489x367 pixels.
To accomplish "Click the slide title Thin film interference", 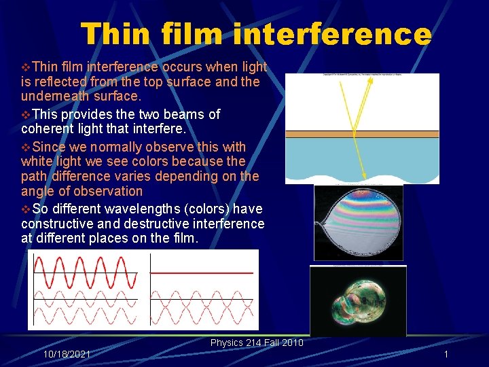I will (255, 34).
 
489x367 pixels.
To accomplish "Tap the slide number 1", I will (446, 355).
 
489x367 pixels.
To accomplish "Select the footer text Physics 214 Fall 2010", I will (257, 343).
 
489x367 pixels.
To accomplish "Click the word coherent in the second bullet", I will (48, 128).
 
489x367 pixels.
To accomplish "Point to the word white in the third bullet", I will (35, 162).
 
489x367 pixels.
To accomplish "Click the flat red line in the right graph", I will (202, 273).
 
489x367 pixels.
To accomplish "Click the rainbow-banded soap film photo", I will (358, 221).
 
